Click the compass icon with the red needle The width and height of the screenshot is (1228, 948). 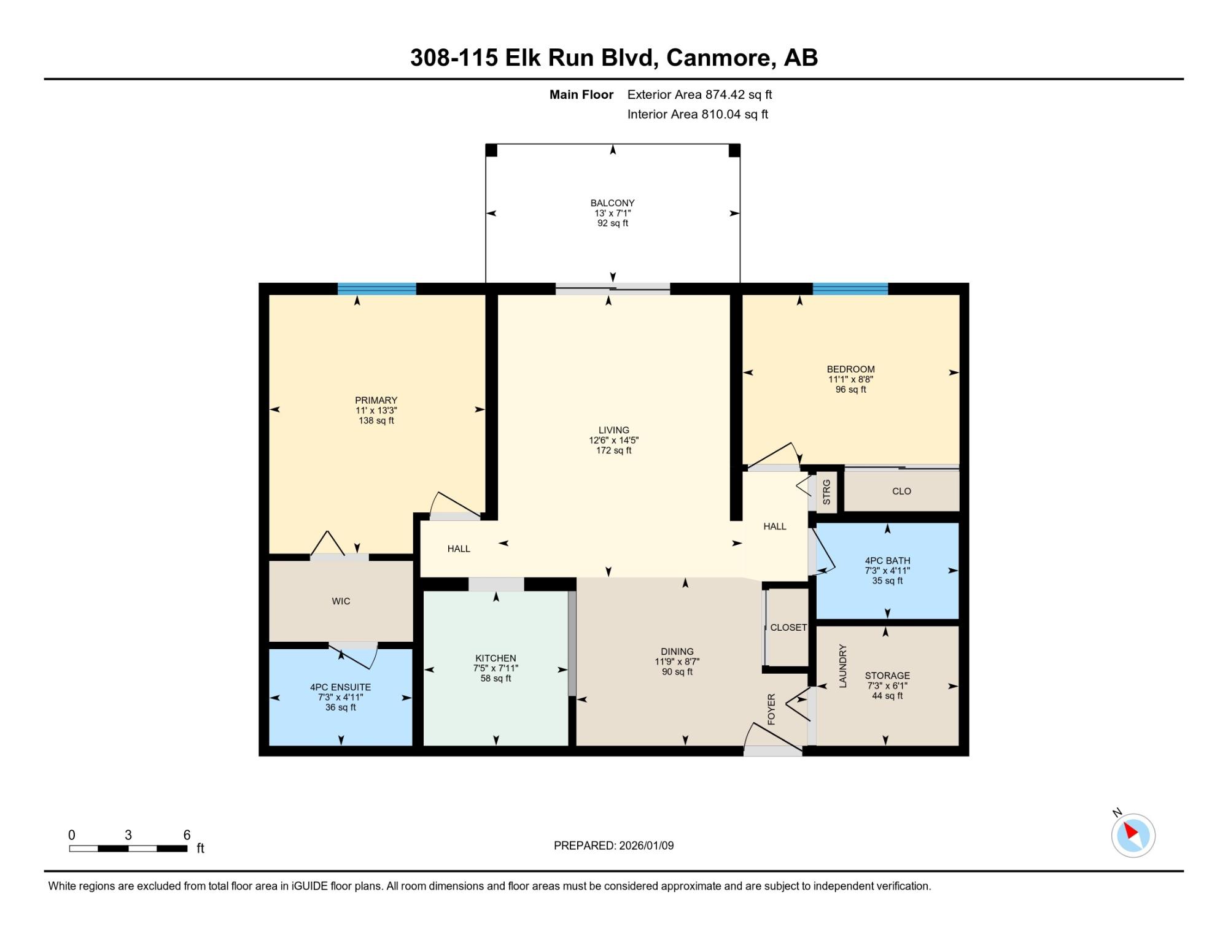(1133, 835)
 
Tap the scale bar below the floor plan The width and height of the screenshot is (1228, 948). (128, 849)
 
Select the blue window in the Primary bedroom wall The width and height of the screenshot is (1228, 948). (377, 289)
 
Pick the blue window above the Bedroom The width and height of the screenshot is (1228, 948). (850, 289)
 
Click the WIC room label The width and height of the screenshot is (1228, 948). (341, 601)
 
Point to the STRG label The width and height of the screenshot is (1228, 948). (826, 492)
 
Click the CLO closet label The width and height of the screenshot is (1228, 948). (901, 491)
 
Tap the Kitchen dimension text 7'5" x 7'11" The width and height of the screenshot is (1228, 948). (495, 668)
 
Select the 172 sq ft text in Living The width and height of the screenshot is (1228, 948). (614, 450)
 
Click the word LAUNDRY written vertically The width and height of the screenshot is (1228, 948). (842, 666)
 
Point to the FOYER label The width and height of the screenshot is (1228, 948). (772, 709)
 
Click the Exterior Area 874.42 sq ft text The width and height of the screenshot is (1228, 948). (699, 94)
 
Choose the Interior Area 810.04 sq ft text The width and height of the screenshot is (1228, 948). (698, 114)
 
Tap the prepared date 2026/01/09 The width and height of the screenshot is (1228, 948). (647, 846)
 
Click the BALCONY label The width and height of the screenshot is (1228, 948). (613, 203)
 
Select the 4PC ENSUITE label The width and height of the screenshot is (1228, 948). (341, 687)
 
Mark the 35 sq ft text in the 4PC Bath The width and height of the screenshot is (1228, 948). (887, 580)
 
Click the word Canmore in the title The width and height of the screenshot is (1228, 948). (718, 58)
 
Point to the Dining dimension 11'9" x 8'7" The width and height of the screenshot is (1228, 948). (677, 661)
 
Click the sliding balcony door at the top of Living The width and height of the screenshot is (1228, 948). (613, 289)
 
